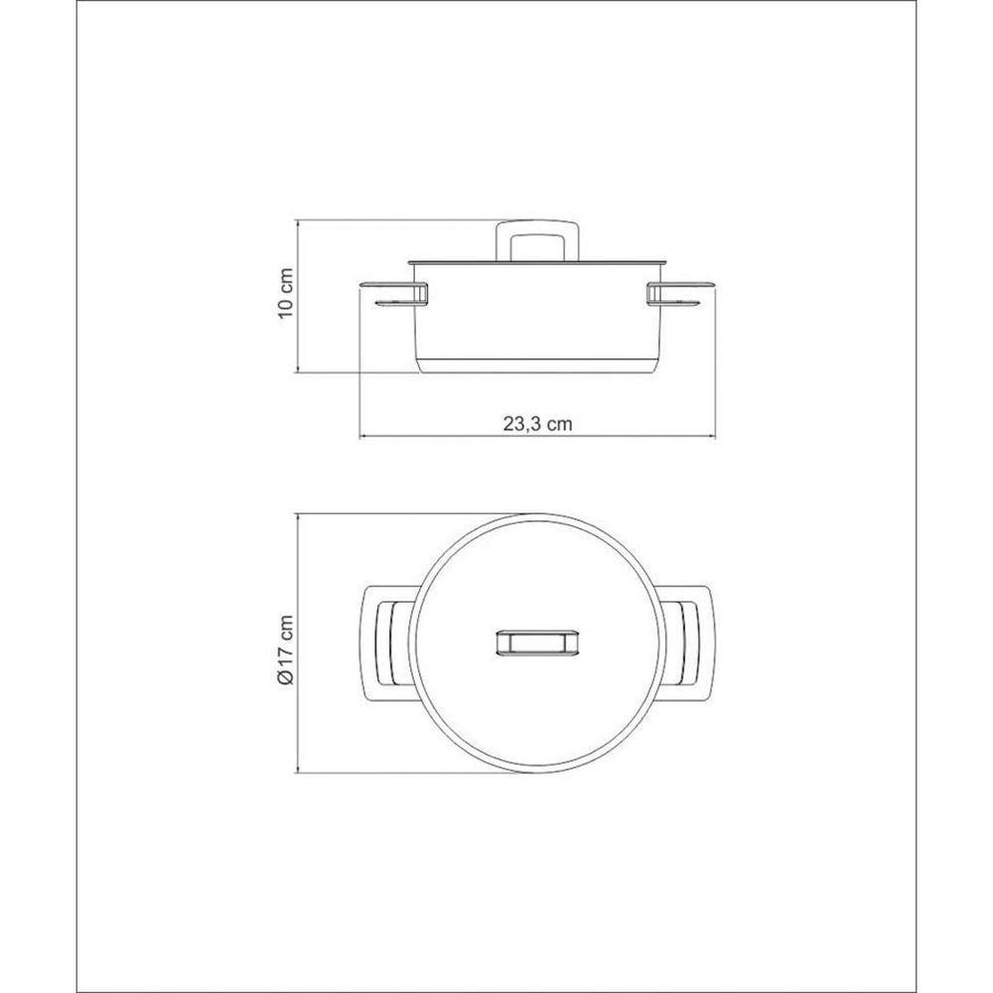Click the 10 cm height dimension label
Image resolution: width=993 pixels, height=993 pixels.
click(x=286, y=294)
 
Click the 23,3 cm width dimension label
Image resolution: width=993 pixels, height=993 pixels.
click(x=537, y=423)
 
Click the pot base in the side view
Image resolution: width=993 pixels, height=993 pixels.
click(x=537, y=366)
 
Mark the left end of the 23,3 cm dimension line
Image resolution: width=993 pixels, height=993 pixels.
click(x=359, y=437)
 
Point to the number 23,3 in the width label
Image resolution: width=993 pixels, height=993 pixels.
click(x=521, y=423)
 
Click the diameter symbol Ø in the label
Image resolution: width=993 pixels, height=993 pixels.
click(x=286, y=676)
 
